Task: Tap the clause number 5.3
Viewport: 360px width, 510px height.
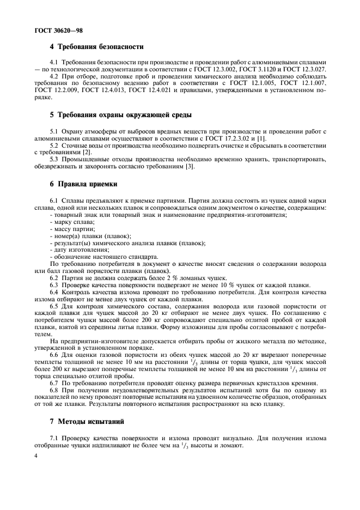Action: (x=54, y=159)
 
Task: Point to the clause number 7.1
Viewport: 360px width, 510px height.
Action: (x=54, y=438)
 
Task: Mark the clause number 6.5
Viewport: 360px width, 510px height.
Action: (x=54, y=306)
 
